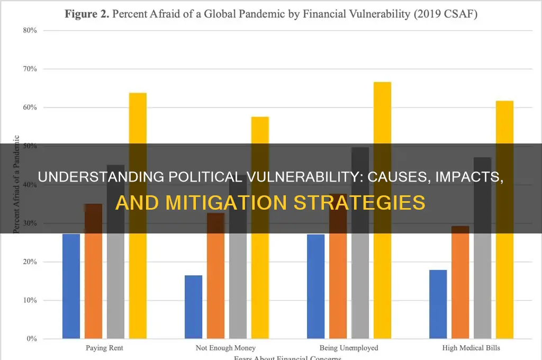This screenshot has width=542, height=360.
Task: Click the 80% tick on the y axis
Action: click(x=30, y=30)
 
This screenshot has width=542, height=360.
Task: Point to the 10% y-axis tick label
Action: click(x=30, y=300)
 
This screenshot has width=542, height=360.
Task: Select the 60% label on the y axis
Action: click(x=30, y=107)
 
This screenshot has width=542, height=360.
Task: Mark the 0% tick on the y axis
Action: click(x=31, y=339)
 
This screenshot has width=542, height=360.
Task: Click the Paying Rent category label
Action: click(x=104, y=348)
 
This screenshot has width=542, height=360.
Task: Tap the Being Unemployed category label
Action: click(x=349, y=348)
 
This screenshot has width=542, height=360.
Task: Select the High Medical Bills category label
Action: click(x=471, y=348)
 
